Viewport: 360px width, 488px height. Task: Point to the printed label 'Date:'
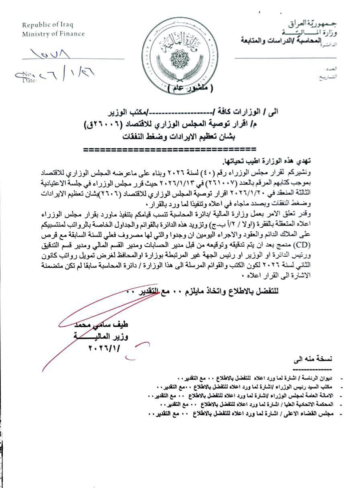click(30, 80)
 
